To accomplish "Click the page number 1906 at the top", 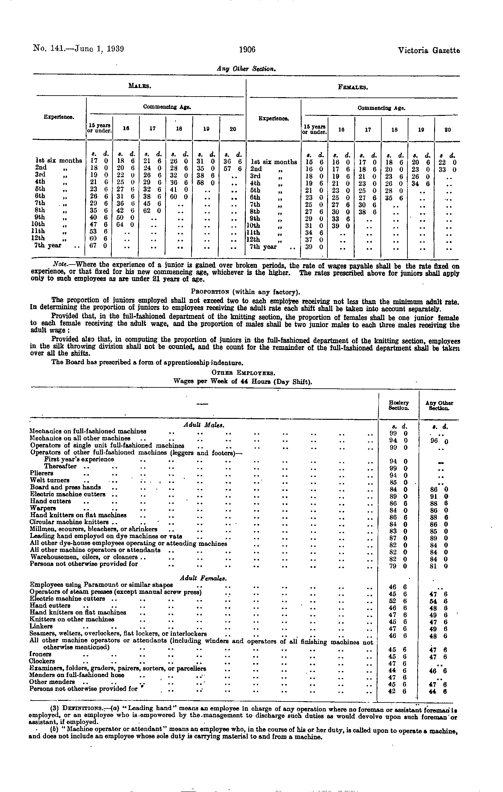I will coord(247,50).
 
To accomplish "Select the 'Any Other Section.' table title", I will coord(246,69).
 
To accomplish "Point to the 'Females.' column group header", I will coord(353,88).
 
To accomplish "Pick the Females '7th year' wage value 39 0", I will coord(314,247).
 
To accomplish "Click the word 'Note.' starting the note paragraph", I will coord(60,265).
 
